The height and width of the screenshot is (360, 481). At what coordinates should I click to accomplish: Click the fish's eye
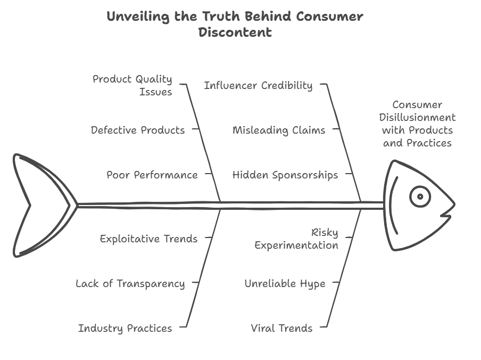pos(420,197)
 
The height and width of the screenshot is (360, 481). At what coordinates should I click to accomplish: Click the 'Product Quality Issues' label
pos(132,85)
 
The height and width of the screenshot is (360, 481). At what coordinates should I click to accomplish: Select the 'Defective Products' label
pos(138,130)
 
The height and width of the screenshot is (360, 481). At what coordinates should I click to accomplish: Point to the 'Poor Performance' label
pos(152,175)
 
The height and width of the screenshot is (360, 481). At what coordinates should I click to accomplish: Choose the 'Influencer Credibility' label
pos(258,85)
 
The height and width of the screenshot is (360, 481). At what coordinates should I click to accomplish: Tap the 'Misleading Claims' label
pos(279,130)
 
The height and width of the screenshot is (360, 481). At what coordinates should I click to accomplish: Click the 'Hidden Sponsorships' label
pos(285,175)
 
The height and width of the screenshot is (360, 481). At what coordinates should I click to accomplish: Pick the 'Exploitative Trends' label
pos(148,239)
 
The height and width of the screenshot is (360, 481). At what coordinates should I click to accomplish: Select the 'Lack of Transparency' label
pos(130,283)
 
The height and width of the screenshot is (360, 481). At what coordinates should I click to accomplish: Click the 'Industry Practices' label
pos(125,328)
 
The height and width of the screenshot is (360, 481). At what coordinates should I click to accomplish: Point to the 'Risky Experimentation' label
pos(296,239)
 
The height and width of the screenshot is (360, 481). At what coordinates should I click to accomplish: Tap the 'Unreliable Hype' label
pos(285,283)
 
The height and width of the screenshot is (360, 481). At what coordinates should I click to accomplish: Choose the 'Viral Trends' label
pos(281,328)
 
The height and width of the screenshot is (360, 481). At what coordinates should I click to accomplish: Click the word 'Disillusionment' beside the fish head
pos(418,117)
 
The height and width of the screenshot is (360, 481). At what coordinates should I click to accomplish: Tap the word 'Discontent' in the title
pos(235,32)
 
